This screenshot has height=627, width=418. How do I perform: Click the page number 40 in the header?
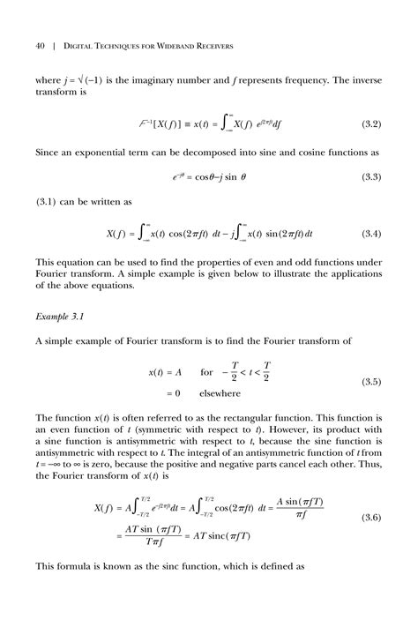(x=41, y=45)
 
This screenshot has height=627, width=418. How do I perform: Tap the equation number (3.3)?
(x=369, y=177)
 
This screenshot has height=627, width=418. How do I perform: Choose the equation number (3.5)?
(x=369, y=382)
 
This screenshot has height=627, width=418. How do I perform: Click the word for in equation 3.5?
(x=207, y=372)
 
